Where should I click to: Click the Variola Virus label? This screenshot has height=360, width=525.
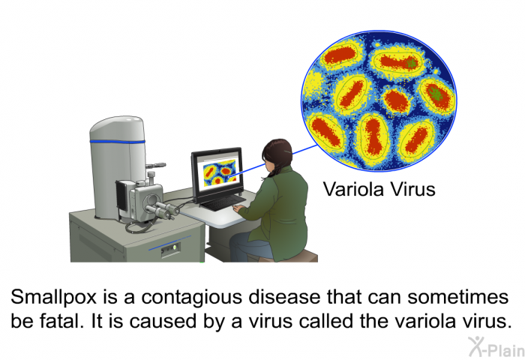[379, 189]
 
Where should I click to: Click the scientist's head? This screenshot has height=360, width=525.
[278, 155]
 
